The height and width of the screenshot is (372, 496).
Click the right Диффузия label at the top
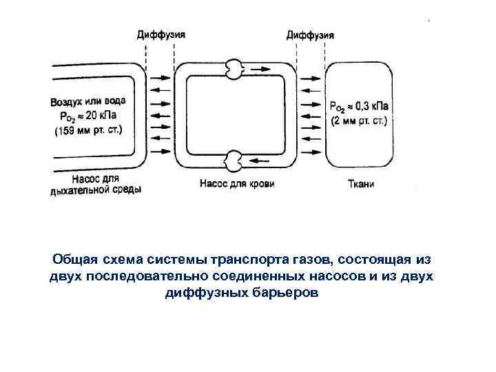(x=311, y=34)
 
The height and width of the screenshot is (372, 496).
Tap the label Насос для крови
(x=237, y=184)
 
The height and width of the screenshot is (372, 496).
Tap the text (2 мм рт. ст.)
(x=359, y=121)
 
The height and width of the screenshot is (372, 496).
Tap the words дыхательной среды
(x=96, y=189)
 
